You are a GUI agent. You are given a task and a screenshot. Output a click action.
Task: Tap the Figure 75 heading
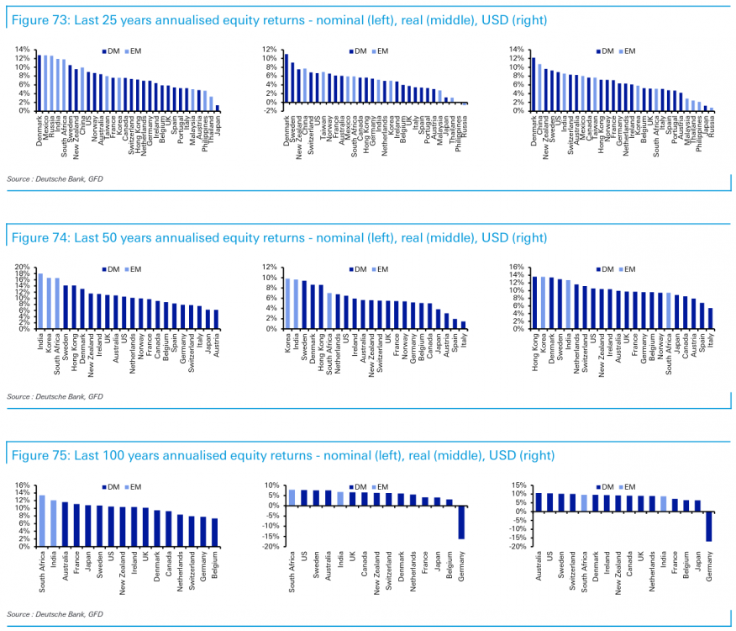click(282, 456)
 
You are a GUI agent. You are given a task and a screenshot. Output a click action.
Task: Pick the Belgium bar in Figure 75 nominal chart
click(214, 532)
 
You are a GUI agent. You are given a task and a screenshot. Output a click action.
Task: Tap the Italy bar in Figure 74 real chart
click(463, 325)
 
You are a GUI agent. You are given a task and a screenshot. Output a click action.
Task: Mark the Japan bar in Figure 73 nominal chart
click(218, 108)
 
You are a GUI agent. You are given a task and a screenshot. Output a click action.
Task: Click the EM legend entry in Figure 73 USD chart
click(628, 51)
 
